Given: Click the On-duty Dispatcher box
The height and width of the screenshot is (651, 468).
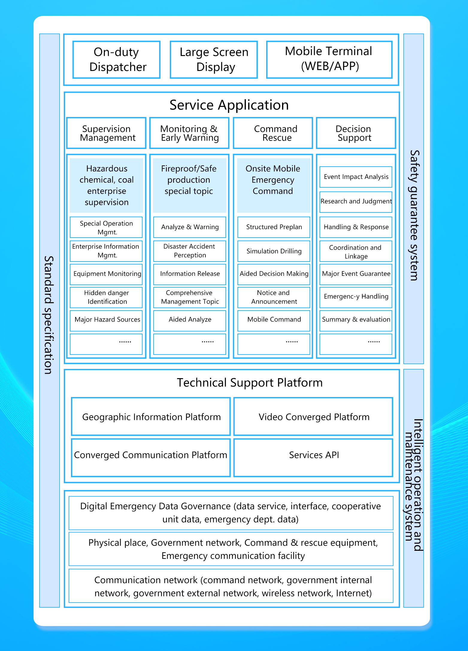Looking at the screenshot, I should coord(116,60).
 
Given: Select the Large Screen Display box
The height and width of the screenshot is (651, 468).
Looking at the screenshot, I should coord(214,60).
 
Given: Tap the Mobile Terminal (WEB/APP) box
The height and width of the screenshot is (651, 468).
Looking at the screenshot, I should coord(329,59).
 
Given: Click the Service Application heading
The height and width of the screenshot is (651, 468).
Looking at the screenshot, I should coord(229,105).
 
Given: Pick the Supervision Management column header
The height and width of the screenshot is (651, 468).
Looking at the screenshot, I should coord(106,133).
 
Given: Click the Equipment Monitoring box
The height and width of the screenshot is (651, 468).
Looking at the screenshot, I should coord(106,274).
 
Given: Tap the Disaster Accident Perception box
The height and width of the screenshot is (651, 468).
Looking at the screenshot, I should coord(190,251).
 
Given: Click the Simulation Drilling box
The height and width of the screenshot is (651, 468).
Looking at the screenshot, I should coord(274,251).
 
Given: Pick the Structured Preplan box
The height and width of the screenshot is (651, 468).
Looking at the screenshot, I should coord(274,227).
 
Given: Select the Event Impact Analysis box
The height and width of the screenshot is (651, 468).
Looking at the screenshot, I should coord(356,177).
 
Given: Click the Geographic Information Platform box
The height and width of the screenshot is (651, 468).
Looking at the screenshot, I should coord(151,416).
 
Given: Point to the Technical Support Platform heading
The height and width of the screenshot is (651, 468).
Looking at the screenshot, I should coord(250,383).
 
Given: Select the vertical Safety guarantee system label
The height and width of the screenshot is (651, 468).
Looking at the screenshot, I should coord(414,215).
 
